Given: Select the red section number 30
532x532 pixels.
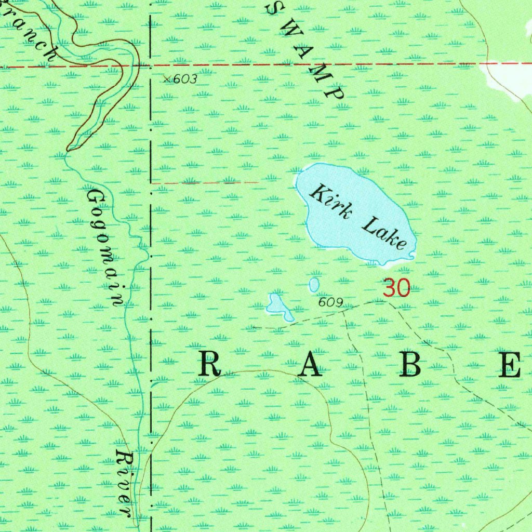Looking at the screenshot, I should [x=396, y=288].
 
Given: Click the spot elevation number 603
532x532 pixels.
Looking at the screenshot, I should [x=185, y=79].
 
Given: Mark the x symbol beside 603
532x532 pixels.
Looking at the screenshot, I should [x=166, y=79].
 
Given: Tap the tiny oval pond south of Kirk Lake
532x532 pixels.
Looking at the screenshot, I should [x=314, y=284].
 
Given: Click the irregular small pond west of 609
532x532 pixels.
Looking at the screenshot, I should [x=278, y=307].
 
